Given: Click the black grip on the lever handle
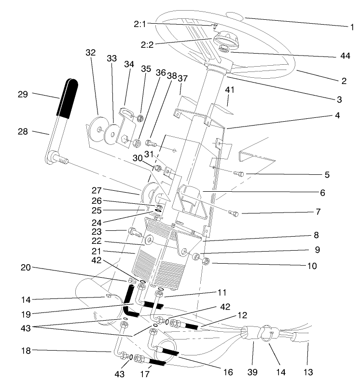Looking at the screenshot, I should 68,99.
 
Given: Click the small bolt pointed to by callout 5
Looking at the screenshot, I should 238,174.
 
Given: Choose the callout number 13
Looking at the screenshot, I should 308,372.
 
